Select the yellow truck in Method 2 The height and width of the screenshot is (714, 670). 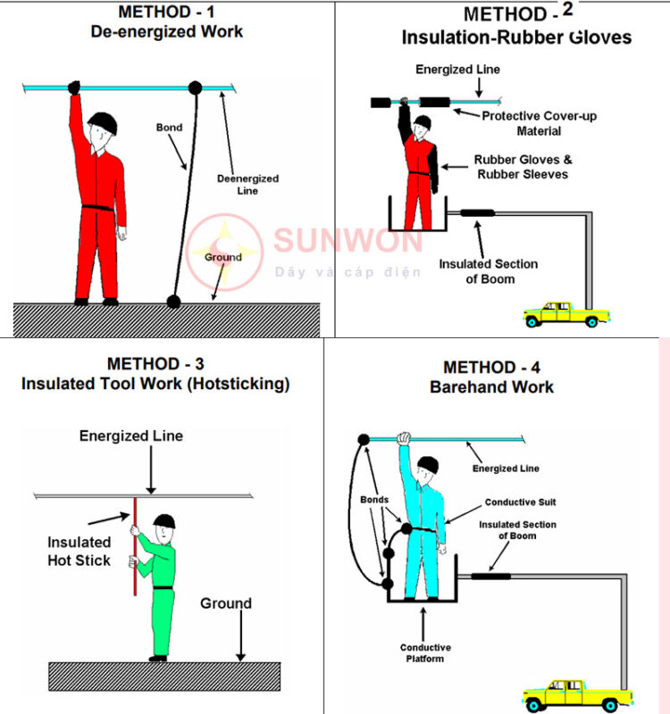[565, 313]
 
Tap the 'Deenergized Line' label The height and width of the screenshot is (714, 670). [247, 185]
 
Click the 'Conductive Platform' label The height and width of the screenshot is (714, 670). [425, 653]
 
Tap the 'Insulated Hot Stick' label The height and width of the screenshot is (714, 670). [80, 551]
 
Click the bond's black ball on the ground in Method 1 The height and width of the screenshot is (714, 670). [173, 302]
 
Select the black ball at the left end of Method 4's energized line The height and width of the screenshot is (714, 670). [363, 439]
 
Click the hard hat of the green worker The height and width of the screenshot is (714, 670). [164, 521]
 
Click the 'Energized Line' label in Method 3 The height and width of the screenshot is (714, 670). [130, 436]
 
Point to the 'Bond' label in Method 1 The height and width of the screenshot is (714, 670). [169, 128]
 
